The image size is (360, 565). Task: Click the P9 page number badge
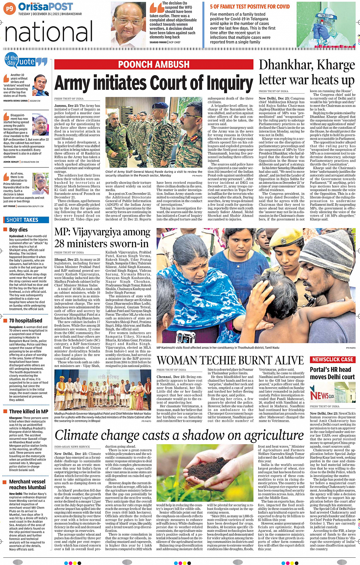(x=10, y=8)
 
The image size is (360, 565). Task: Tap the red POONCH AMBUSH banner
(x=154, y=64)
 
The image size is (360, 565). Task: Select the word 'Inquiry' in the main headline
(x=227, y=83)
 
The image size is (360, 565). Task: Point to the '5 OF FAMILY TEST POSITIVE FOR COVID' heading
(x=250, y=6)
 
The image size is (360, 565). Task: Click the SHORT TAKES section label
(x=22, y=220)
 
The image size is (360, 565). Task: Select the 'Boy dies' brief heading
(x=18, y=230)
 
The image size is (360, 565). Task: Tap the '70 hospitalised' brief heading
(x=26, y=321)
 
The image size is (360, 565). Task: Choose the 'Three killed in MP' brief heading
(x=29, y=412)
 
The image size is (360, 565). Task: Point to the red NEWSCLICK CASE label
(x=333, y=359)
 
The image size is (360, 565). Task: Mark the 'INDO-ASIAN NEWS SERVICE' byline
(x=72, y=447)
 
